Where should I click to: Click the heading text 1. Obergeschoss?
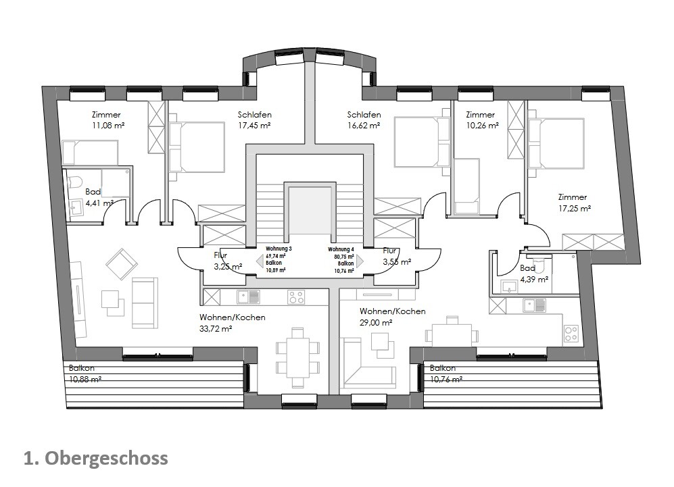click(x=95, y=459)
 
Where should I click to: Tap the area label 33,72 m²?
click(x=216, y=329)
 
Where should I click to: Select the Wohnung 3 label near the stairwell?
click(x=278, y=249)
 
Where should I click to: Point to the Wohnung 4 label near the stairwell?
click(x=341, y=249)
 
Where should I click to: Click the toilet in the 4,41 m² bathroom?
click(x=75, y=182)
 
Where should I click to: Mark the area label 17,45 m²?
click(x=254, y=126)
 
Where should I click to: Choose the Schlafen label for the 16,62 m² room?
click(x=364, y=115)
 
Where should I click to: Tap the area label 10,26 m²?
click(x=482, y=126)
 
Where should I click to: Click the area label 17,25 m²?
click(x=574, y=209)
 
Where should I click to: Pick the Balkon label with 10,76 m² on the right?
click(x=442, y=368)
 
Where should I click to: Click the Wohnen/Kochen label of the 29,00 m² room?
click(x=392, y=311)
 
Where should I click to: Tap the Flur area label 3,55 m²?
click(x=397, y=262)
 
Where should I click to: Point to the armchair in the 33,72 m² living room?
click(x=122, y=263)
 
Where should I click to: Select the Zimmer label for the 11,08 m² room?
click(x=105, y=115)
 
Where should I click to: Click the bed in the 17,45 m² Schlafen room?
click(x=197, y=147)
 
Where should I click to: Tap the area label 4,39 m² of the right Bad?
click(x=533, y=279)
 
